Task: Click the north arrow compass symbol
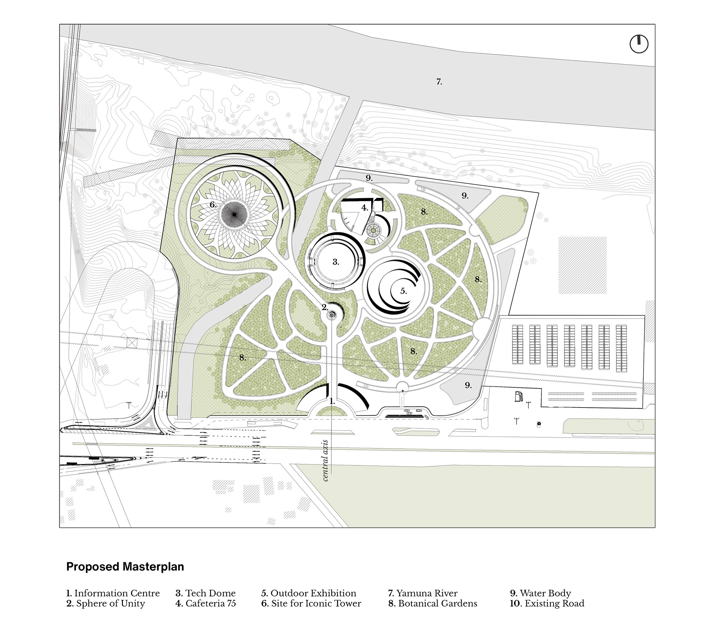(x=639, y=44)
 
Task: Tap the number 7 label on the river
(x=439, y=82)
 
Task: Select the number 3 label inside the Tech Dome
(x=336, y=262)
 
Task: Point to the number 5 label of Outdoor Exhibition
(x=404, y=291)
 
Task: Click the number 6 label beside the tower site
(x=213, y=205)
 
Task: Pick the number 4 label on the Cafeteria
(x=365, y=208)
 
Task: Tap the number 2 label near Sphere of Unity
(x=325, y=307)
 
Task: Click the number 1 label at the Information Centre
(x=332, y=402)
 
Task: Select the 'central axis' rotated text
(x=326, y=461)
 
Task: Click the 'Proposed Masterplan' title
(x=125, y=567)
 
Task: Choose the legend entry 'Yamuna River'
(x=423, y=593)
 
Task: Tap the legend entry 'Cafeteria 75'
(x=206, y=604)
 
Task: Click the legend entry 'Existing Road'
(x=547, y=604)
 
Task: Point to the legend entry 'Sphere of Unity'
(x=106, y=604)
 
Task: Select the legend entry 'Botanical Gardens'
(x=433, y=604)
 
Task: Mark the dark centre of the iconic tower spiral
(x=234, y=215)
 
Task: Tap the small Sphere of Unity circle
(x=332, y=315)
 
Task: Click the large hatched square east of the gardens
(x=582, y=265)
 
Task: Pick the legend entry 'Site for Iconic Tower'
(x=311, y=604)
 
